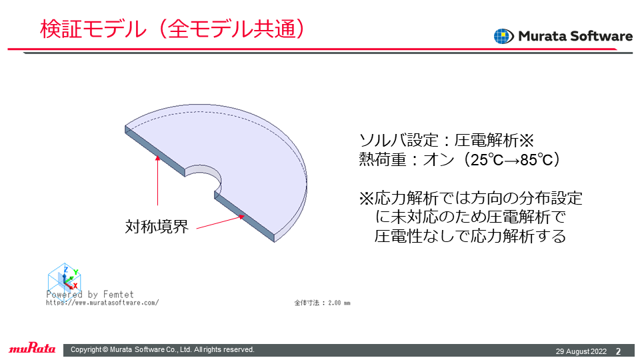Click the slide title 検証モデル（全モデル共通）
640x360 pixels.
(173, 29)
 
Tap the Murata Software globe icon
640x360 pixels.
(504, 36)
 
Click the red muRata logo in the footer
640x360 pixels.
(32, 348)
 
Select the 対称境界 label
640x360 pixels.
(157, 227)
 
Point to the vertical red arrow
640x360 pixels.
(157, 180)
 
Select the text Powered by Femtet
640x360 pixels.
(90, 294)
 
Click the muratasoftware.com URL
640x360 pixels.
(102, 303)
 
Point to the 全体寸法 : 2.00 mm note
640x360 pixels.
(322, 303)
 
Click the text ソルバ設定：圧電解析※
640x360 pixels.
(446, 141)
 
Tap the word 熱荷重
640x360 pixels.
(383, 159)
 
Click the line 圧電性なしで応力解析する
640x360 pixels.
(470, 236)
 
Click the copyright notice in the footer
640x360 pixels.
(163, 350)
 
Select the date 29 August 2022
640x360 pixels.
(581, 351)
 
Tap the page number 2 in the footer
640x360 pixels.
(619, 351)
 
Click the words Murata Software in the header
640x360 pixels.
(575, 36)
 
